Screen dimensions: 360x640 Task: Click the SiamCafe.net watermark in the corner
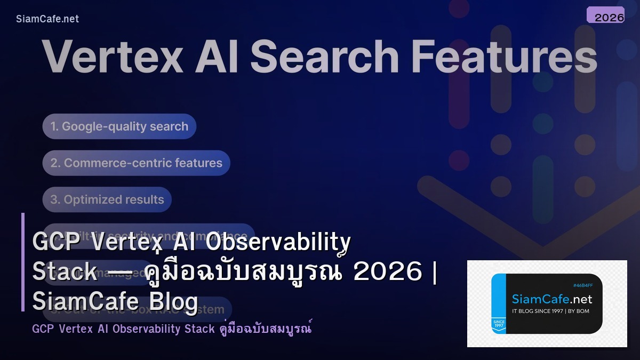click(x=47, y=19)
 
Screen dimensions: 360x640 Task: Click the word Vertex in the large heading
click(x=113, y=57)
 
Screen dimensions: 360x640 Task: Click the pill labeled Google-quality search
click(x=119, y=127)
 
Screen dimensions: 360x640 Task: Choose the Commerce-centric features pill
click(x=137, y=163)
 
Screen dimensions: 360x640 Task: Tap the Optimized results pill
click(x=107, y=200)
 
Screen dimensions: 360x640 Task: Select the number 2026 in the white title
click(x=388, y=272)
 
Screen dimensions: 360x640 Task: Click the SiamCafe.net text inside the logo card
click(x=551, y=299)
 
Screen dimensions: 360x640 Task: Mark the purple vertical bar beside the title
click(x=23, y=262)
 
